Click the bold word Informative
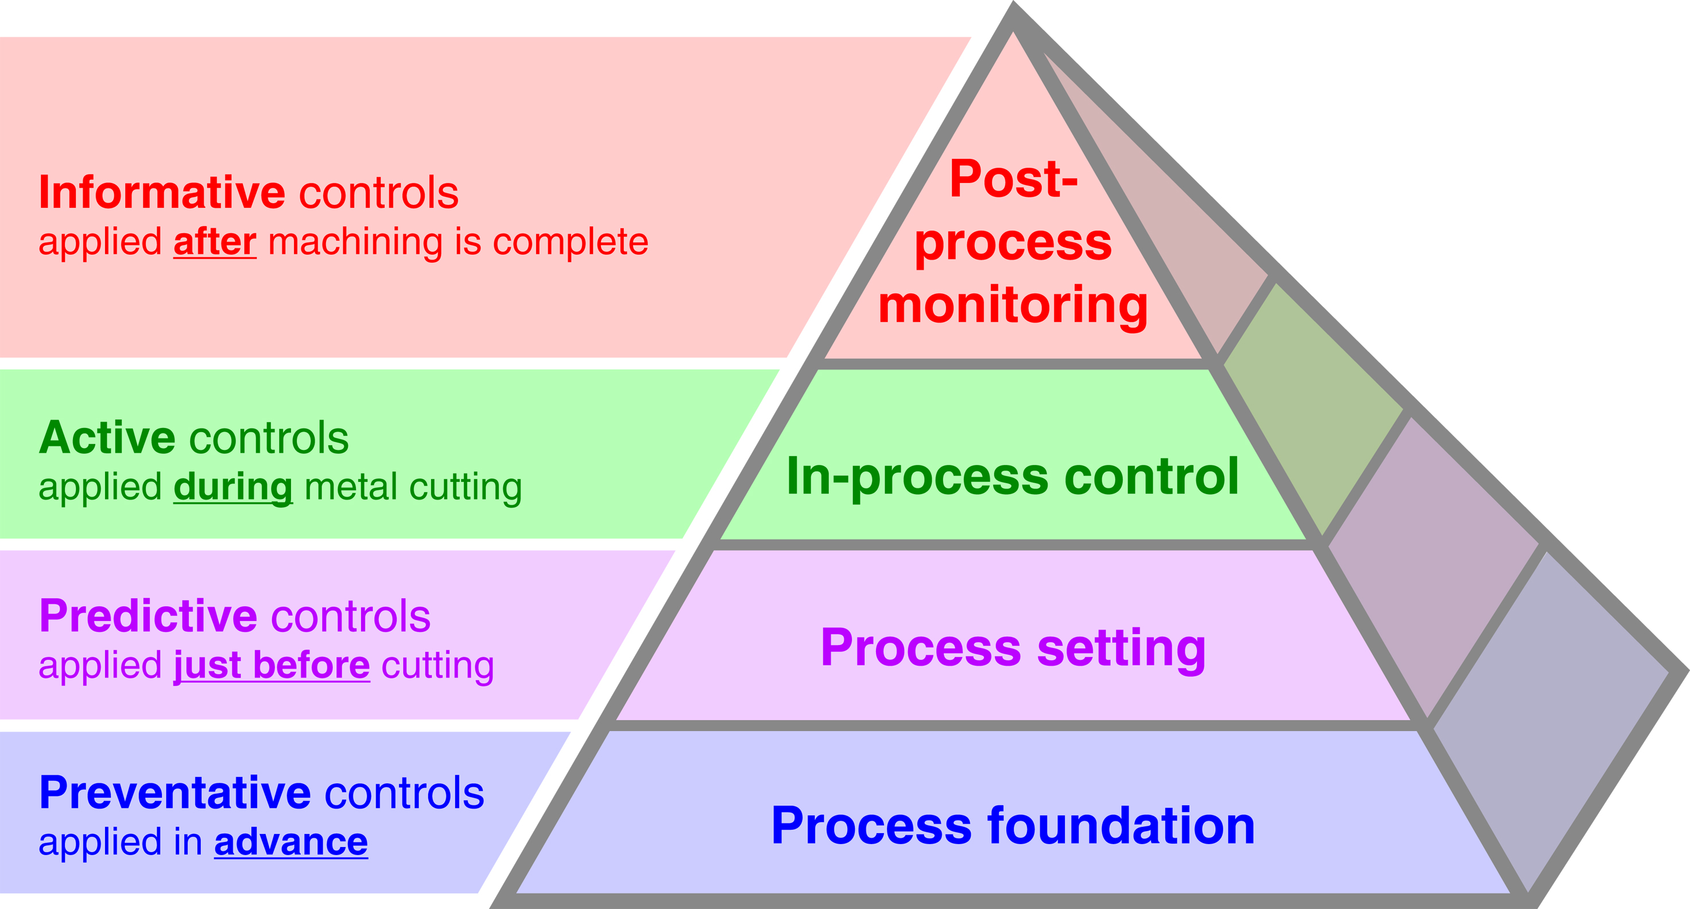tap(161, 193)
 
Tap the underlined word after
tap(215, 242)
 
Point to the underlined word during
tap(233, 487)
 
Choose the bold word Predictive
tap(148, 616)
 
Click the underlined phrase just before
tap(272, 666)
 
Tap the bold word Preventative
tap(175, 793)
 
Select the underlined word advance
tap(290, 843)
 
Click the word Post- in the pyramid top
tap(1014, 178)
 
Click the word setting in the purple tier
tap(1121, 648)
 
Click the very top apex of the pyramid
tap(1014, 8)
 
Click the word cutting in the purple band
tap(437, 666)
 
